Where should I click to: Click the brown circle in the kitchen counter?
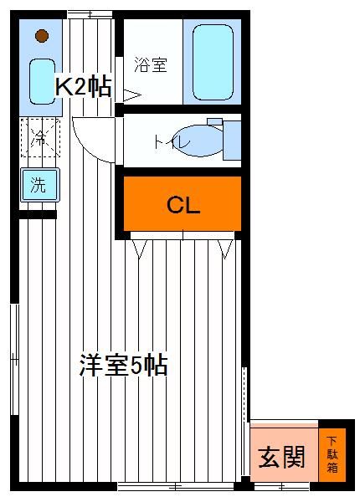pos(42,35)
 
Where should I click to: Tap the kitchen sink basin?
pos(42,81)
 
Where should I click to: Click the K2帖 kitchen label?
pos(83,86)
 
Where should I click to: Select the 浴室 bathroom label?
pos(151,64)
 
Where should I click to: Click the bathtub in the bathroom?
pos(213,63)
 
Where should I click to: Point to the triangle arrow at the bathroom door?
pos(132,95)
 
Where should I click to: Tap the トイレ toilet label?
pos(172,142)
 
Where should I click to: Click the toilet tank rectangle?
pos(232,141)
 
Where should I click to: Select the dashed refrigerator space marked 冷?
pos(40,138)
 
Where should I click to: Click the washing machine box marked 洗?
pos(40,185)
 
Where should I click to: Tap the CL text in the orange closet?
pos(183,205)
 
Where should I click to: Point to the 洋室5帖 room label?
pos(123,365)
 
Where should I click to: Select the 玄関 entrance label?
pos(281,457)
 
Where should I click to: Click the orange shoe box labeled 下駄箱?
pos(332,454)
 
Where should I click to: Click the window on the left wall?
pos(14,359)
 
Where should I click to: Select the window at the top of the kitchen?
pos(90,14)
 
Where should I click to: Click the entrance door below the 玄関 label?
pos(282,487)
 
